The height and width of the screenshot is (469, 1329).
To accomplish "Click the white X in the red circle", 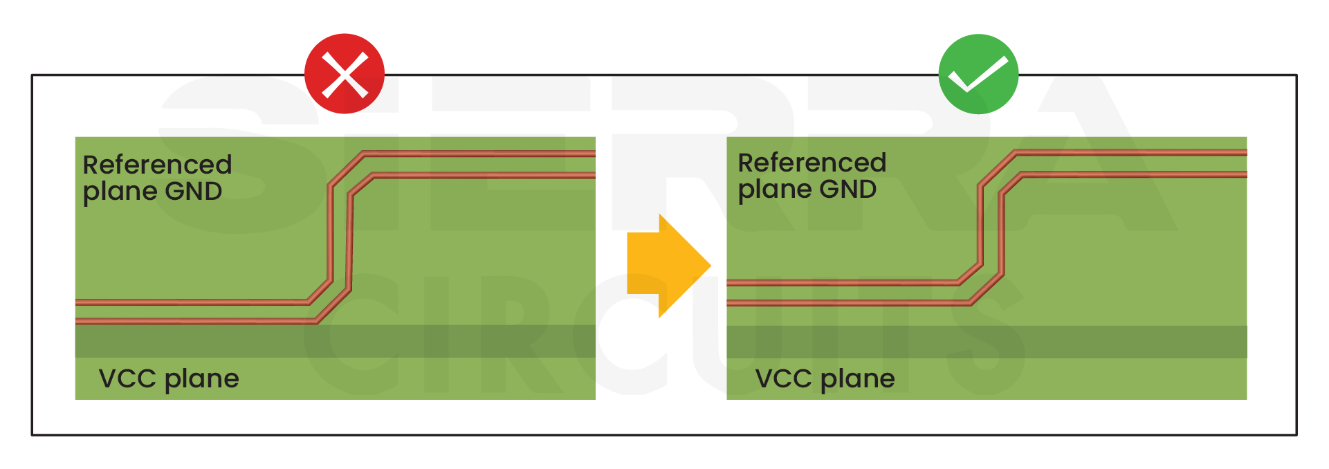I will [345, 76].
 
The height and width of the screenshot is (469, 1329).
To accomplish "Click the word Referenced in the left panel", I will [157, 165].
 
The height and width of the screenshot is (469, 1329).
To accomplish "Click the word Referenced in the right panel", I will [812, 163].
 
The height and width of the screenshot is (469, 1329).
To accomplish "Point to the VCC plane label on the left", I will [169, 379].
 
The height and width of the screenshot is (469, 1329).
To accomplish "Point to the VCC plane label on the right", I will [825, 379].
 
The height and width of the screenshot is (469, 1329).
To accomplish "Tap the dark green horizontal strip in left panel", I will [208, 341].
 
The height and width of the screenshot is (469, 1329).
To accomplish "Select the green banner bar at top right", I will [1176, 52].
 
